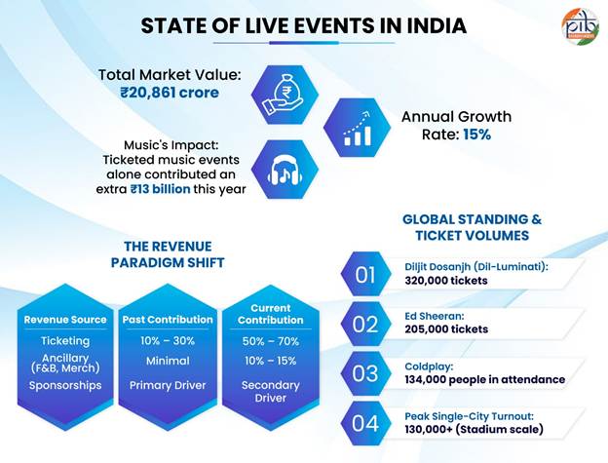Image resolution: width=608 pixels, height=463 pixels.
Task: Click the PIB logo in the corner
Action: [x=581, y=26]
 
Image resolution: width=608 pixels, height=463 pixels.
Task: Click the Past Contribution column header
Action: [x=167, y=320]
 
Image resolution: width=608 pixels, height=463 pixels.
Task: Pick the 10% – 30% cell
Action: [x=168, y=341]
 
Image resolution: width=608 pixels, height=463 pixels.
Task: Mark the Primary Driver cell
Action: [x=168, y=385]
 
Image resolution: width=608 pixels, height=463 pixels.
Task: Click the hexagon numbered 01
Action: [x=366, y=274]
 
